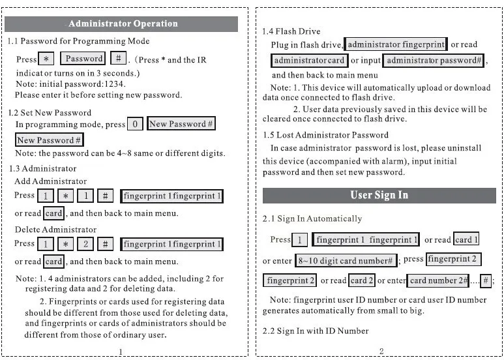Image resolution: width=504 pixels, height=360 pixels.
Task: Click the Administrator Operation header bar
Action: point(123,24)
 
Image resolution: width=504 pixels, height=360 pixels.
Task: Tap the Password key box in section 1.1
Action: point(84,59)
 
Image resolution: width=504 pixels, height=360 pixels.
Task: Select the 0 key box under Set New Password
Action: point(134,124)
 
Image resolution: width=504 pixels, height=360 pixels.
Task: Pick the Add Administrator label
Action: point(50,181)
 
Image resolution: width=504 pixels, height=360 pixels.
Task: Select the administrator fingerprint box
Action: point(396,45)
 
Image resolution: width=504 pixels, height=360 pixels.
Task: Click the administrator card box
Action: point(309,61)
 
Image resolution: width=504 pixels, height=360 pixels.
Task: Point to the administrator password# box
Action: point(434,61)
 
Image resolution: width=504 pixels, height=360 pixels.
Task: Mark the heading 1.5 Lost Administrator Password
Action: point(325,136)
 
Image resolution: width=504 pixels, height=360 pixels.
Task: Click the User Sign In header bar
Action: point(379,196)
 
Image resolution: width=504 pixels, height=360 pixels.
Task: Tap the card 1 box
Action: point(467,240)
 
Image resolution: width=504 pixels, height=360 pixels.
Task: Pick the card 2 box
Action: point(363,281)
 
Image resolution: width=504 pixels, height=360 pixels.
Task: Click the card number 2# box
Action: point(439,281)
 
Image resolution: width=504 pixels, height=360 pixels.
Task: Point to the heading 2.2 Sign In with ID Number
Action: point(316,331)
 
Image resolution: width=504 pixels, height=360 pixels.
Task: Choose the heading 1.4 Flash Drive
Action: point(291,31)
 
